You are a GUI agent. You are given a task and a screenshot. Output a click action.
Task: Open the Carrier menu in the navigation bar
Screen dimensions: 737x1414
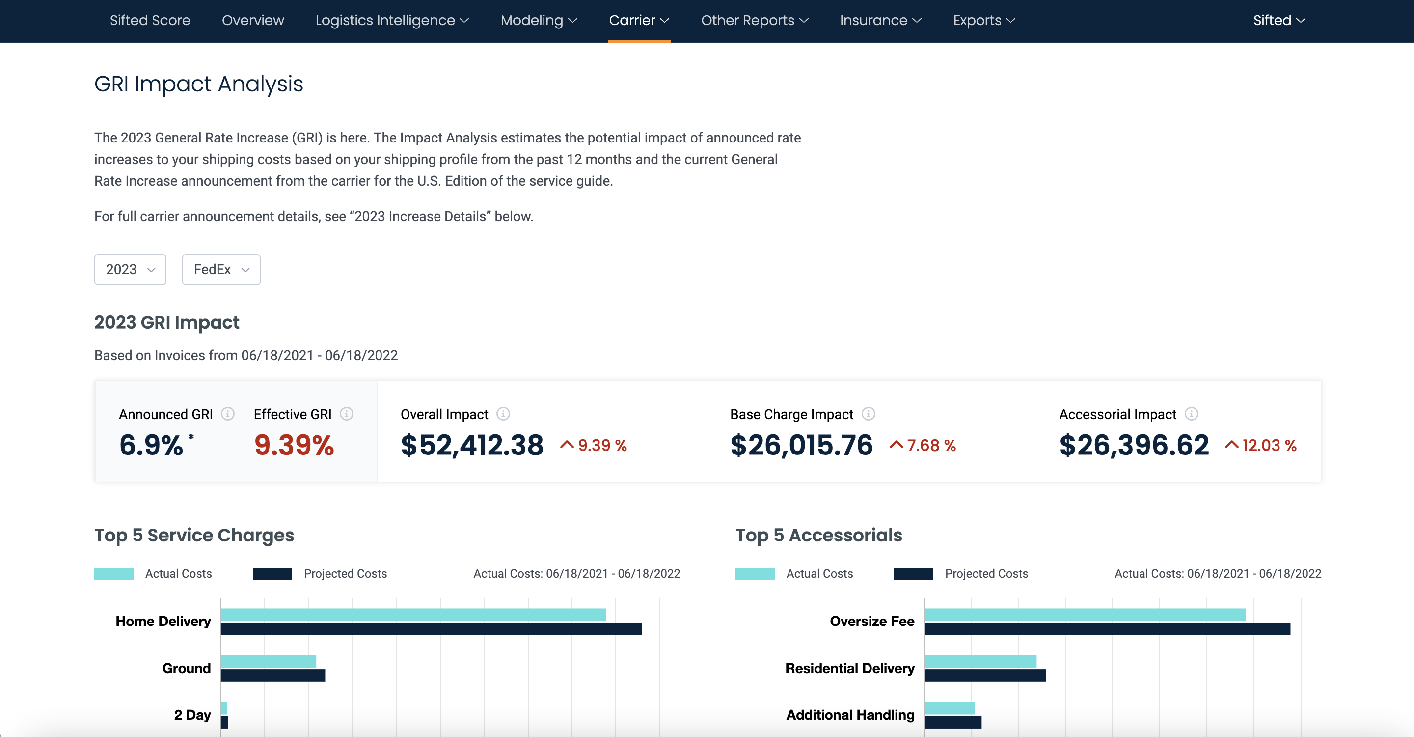point(638,20)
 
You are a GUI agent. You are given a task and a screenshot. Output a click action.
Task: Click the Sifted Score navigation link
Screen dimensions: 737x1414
point(150,20)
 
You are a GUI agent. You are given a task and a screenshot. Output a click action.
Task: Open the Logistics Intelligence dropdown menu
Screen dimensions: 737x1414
point(391,20)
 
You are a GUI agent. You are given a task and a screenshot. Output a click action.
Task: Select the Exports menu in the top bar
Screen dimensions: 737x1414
point(983,20)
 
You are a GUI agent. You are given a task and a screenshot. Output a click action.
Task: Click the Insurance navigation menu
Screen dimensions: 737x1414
point(880,20)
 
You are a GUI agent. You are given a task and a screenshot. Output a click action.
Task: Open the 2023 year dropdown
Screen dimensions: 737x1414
point(130,270)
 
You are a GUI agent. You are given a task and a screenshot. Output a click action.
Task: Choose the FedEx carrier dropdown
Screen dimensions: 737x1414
point(220,270)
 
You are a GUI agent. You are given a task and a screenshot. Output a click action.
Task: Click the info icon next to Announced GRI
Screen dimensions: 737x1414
point(228,414)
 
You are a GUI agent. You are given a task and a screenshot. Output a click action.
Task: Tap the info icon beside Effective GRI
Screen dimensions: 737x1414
point(346,414)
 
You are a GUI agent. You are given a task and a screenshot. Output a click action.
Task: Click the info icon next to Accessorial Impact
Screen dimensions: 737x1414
point(1191,414)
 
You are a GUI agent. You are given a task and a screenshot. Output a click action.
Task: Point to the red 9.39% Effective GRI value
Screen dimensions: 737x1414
point(294,445)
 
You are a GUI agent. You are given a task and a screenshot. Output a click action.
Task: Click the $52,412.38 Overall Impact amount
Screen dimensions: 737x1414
point(471,445)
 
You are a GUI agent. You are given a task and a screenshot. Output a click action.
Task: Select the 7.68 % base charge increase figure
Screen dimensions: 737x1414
point(931,445)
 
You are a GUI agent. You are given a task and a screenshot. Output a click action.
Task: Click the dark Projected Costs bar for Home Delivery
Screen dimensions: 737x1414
point(431,629)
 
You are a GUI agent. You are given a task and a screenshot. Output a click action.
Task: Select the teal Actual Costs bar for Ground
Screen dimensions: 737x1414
point(269,661)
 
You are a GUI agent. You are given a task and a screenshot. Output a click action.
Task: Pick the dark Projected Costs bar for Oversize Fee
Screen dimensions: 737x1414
point(1107,629)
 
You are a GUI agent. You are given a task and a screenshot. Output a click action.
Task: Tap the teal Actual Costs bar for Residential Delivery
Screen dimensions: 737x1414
point(980,661)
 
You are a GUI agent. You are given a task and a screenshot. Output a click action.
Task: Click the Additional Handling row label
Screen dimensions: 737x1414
point(850,715)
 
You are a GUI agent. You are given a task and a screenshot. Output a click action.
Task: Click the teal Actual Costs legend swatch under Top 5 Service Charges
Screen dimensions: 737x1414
point(113,574)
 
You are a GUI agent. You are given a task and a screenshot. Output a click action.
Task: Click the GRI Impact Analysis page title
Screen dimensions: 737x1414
point(198,84)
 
